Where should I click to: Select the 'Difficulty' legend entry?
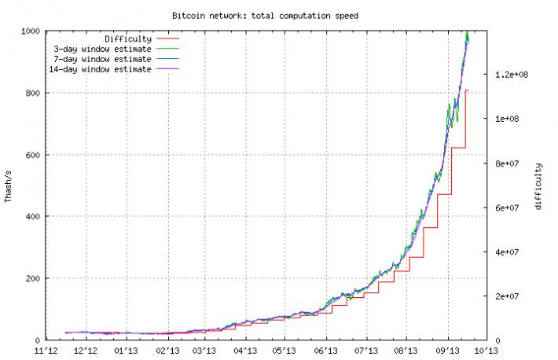point(127,39)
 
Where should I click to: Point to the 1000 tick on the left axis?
point(29,31)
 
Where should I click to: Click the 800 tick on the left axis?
point(31,93)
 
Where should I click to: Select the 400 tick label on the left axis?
point(31,216)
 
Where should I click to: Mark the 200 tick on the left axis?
point(31,278)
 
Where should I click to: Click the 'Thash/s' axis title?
point(9,186)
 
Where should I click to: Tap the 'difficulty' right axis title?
point(538,186)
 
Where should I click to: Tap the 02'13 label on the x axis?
point(167,351)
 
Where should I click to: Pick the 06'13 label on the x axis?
point(325,351)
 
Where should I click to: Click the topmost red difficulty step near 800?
point(467,90)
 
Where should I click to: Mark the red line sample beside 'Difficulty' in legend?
point(168,39)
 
